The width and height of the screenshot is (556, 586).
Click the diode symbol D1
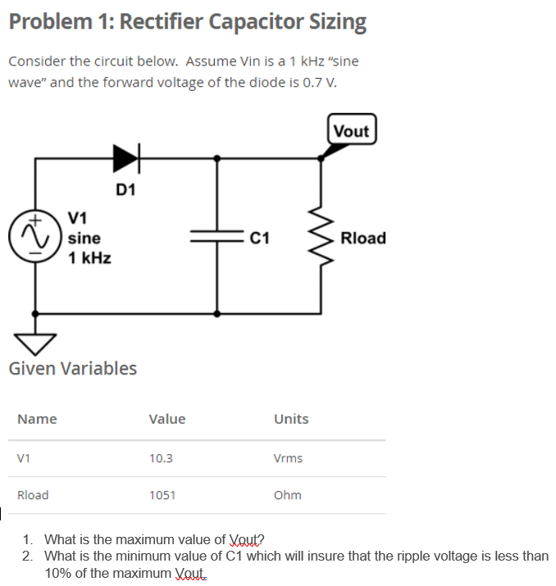pyautogui.click(x=127, y=158)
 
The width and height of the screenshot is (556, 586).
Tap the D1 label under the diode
pyautogui.click(x=126, y=191)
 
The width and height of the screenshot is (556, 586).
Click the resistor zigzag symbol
pyautogui.click(x=321, y=237)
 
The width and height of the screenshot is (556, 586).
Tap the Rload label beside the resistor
pyautogui.click(x=362, y=238)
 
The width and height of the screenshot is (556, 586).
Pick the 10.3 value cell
pyautogui.click(x=161, y=458)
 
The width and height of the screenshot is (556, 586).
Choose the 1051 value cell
pyautogui.click(x=162, y=495)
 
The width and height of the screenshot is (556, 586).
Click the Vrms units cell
pyautogui.click(x=288, y=458)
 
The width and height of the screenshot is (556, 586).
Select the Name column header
pyautogui.click(x=37, y=419)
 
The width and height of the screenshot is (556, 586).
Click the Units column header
pyautogui.click(x=291, y=419)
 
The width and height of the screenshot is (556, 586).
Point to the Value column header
pyautogui.click(x=167, y=419)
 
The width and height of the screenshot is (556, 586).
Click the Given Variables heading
pyautogui.click(x=73, y=368)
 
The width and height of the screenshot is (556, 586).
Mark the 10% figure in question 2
pyautogui.click(x=58, y=572)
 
